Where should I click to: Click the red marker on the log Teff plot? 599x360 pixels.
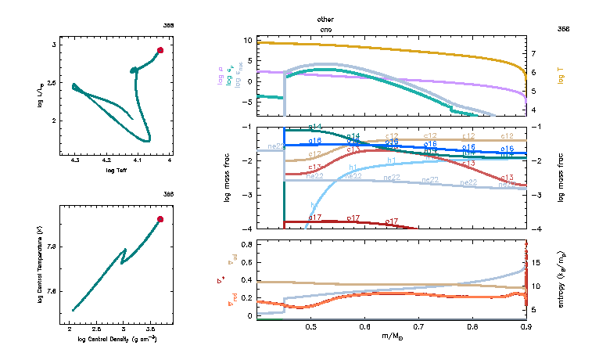click(160, 50)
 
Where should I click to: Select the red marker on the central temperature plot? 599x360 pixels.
click(160, 219)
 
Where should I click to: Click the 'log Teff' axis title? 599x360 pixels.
click(117, 170)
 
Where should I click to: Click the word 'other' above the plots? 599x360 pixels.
click(325, 18)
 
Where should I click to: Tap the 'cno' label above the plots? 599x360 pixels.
click(325, 28)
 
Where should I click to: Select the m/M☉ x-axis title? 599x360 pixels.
click(391, 337)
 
